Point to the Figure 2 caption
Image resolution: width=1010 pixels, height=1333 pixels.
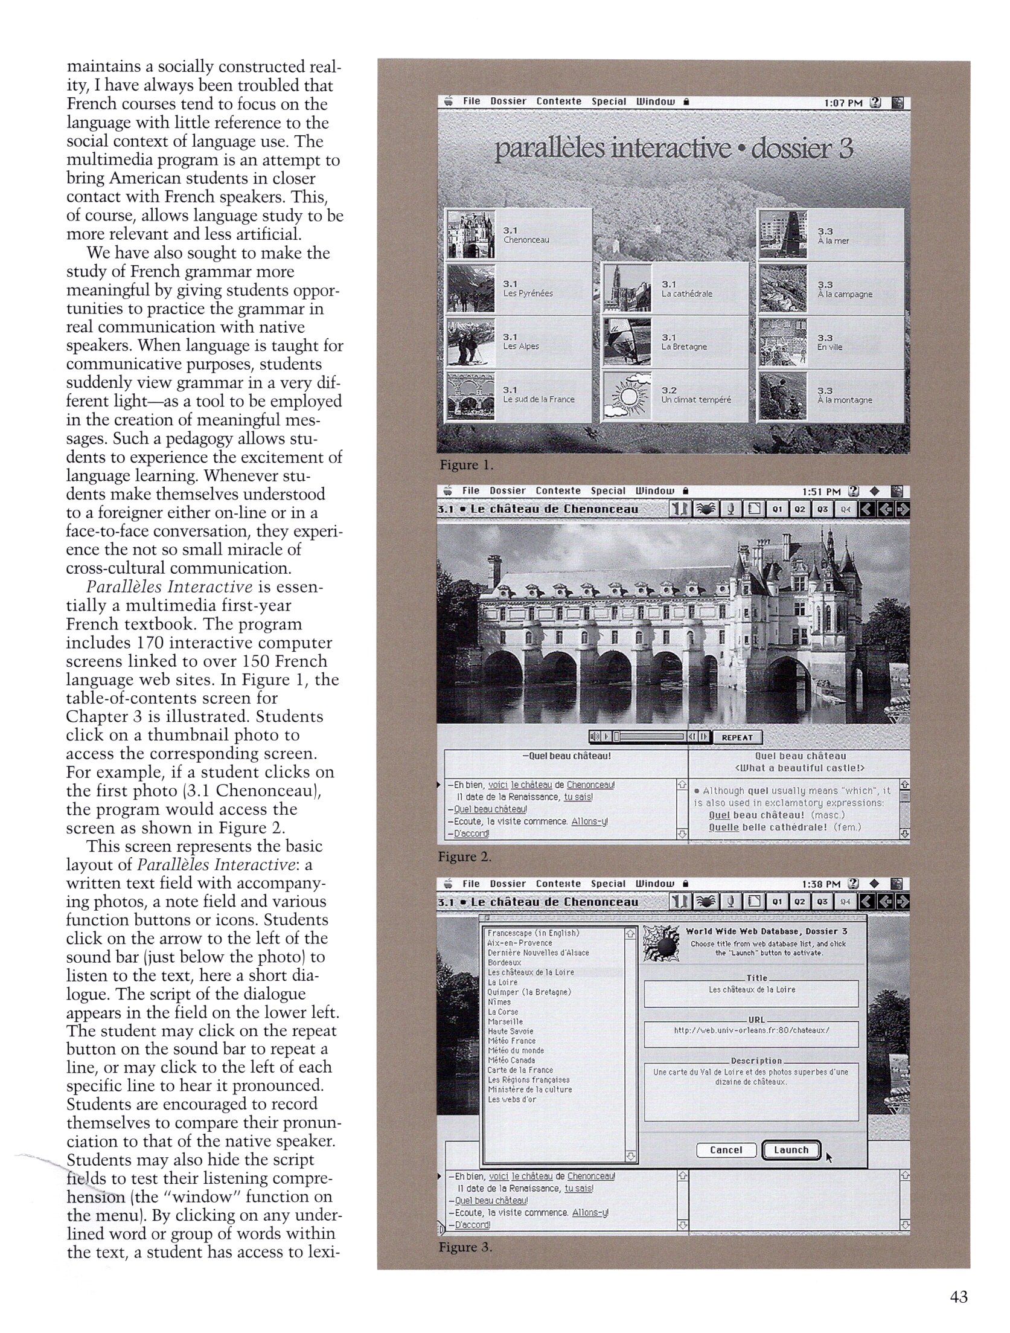465,856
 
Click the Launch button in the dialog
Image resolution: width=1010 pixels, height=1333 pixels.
791,1150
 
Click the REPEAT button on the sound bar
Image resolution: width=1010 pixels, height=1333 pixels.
737,737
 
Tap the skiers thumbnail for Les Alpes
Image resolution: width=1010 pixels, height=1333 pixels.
470,342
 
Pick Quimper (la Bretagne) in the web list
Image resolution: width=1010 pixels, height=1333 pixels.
529,992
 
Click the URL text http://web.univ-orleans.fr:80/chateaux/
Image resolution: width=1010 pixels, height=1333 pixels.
751,1030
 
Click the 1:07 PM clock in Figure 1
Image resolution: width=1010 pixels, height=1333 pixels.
843,103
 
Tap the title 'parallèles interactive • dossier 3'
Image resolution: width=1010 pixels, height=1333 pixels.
673,149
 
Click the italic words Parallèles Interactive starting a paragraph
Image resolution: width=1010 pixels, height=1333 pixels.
169,586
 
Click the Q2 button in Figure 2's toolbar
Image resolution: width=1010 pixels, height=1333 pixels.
799,509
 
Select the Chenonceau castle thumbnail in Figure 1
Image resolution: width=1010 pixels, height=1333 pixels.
470,235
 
